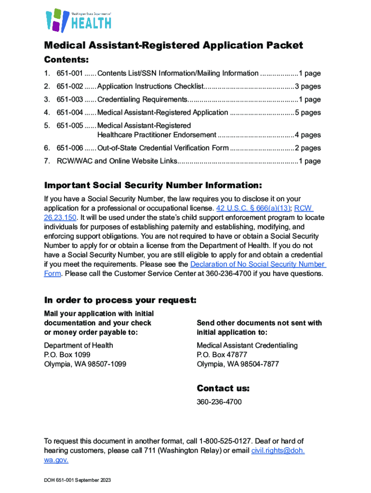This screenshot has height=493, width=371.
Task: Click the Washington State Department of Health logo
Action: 78,20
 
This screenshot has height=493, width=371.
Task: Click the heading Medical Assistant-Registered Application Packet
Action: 173,45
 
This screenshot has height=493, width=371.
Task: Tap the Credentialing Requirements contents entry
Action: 142,100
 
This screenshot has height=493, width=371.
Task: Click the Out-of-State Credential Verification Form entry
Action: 163,148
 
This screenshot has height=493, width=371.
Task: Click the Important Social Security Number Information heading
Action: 153,186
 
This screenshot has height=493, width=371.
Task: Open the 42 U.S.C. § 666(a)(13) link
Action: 253,208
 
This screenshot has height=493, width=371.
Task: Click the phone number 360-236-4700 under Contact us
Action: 219,402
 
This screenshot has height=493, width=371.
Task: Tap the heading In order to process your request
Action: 120,300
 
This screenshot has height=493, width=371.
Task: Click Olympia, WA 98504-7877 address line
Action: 238,364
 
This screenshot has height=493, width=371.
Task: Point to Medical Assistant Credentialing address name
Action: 247,345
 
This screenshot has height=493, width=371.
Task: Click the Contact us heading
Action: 223,389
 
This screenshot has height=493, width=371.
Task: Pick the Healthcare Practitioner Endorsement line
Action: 157,135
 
